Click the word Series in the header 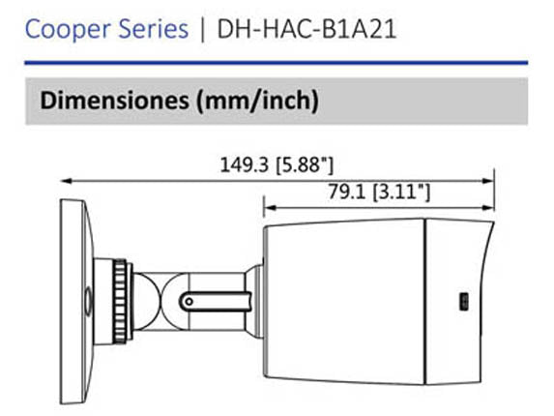(x=153, y=29)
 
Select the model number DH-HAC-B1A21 (x=306, y=29)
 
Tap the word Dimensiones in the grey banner (x=115, y=101)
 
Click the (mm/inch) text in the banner (x=257, y=101)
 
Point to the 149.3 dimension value (x=245, y=164)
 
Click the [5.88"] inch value (x=305, y=165)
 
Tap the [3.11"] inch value (x=401, y=193)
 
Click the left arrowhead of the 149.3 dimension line (x=67, y=181)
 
